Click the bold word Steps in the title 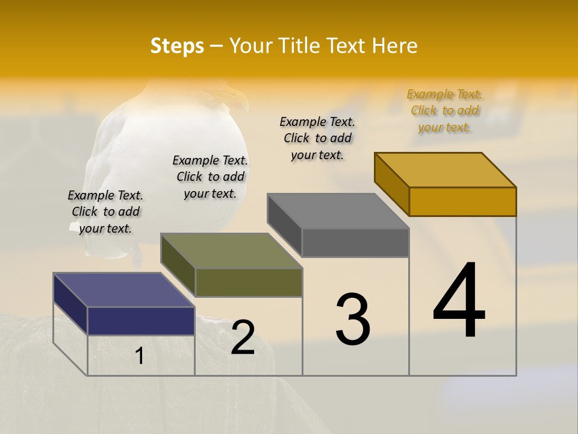pos(177,46)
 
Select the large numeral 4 pos(459,301)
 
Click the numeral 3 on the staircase pos(353,319)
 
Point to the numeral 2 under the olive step pos(243,337)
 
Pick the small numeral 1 pos(140,356)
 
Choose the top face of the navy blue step pos(124,290)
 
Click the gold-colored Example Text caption pos(444,110)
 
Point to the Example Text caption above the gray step pos(317,138)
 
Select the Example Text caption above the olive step pos(210,177)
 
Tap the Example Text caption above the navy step pos(105,212)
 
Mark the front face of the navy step pos(141,321)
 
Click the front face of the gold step pos(462,201)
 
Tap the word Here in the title pos(396,46)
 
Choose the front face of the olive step pos(249,282)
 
